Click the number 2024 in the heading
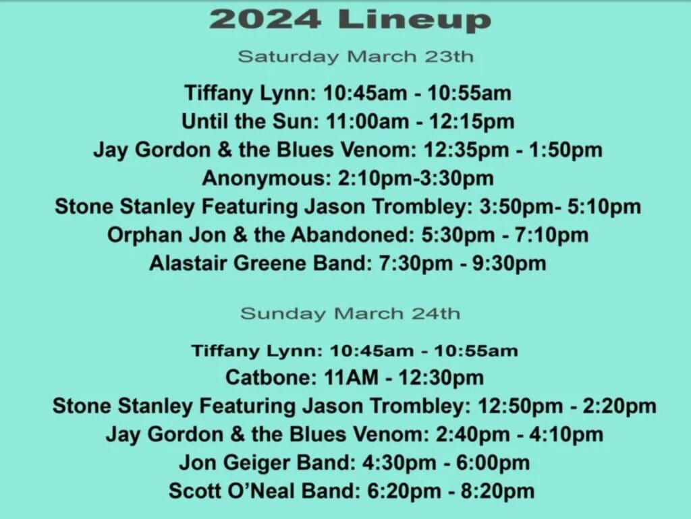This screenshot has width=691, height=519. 265,20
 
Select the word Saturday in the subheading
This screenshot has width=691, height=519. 289,57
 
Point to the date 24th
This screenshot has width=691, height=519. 437,313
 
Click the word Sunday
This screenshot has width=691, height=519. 283,314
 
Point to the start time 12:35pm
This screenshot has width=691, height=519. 466,150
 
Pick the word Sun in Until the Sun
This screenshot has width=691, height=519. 293,121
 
